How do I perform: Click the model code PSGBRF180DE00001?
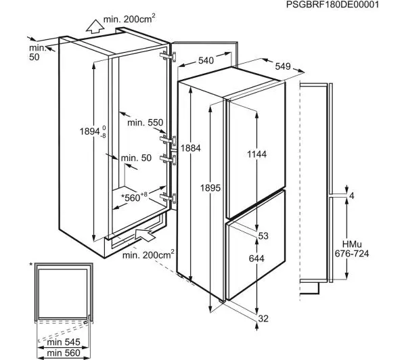click(332, 5)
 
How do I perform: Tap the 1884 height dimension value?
click(191, 148)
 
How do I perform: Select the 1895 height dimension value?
click(210, 187)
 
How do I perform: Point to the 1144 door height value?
click(256, 154)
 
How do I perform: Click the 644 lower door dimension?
click(256, 258)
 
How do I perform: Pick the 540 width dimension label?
click(206, 60)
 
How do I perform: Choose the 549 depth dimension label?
click(283, 66)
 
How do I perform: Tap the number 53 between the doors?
click(263, 236)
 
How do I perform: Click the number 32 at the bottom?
click(263, 319)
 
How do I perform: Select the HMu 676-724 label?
click(352, 249)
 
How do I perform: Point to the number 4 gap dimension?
click(351, 196)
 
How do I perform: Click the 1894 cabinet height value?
click(93, 131)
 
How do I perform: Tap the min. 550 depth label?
click(145, 122)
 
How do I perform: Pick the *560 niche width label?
click(134, 198)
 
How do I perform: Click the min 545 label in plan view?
click(64, 342)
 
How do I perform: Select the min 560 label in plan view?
click(64, 353)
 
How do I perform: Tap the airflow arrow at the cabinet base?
click(145, 234)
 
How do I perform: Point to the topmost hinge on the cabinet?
click(168, 56)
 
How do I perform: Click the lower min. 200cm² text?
click(148, 255)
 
